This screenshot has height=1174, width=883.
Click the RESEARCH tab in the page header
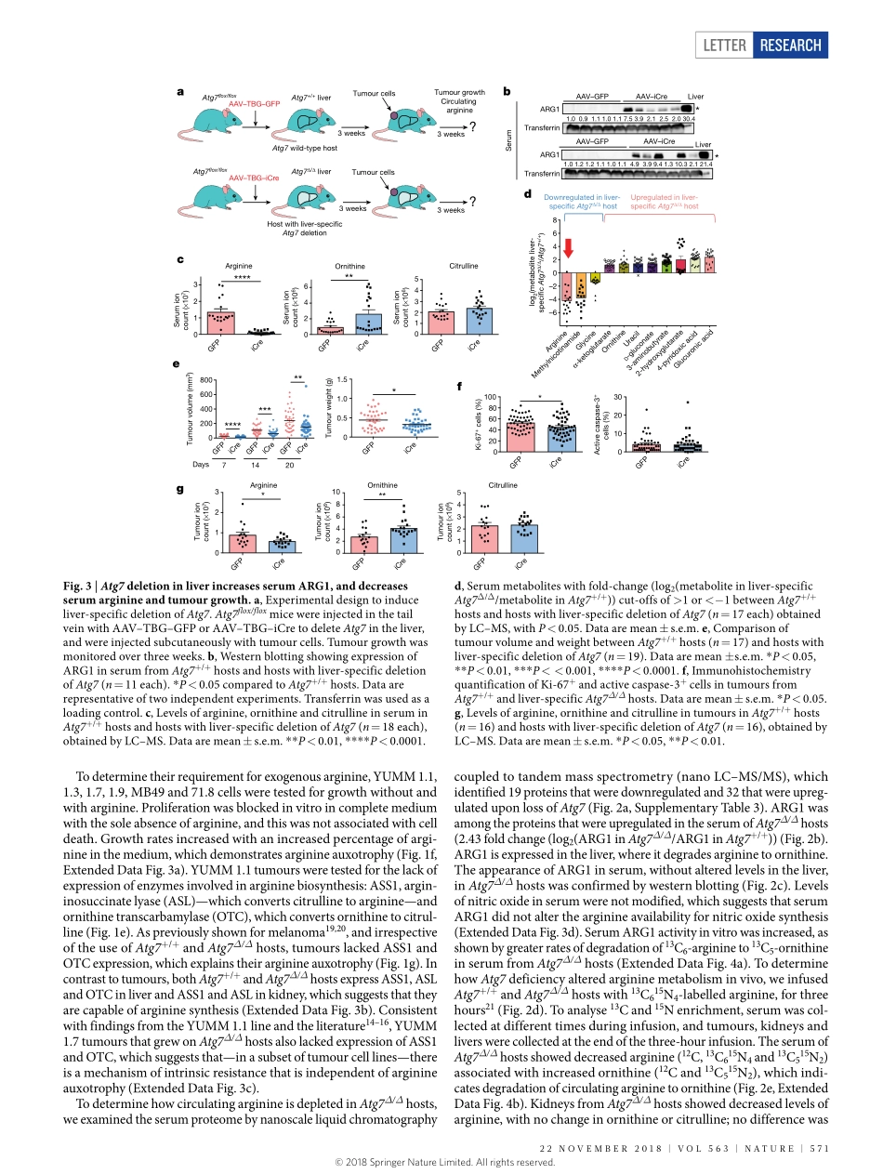[788, 45]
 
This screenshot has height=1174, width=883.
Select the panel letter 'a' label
[180, 91]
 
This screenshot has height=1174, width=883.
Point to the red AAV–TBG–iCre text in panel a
[253, 178]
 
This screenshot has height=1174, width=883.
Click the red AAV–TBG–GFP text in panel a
[254, 103]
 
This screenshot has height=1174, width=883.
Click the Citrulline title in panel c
[464, 266]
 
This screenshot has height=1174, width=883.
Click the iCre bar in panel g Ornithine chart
[403, 540]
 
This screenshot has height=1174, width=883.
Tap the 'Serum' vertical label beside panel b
[509, 140]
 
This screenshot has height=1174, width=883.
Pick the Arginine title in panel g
[263, 485]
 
